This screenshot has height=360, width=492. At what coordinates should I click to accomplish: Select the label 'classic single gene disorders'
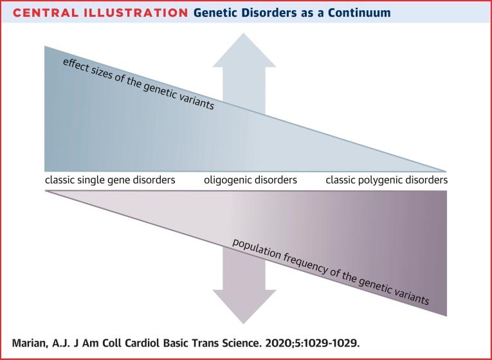[x=110, y=180]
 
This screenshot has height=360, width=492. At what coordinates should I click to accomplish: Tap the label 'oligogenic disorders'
[x=251, y=180]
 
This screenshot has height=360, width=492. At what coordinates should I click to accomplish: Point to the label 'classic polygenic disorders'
[x=386, y=180]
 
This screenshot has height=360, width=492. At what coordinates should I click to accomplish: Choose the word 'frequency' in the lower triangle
[x=306, y=264]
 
